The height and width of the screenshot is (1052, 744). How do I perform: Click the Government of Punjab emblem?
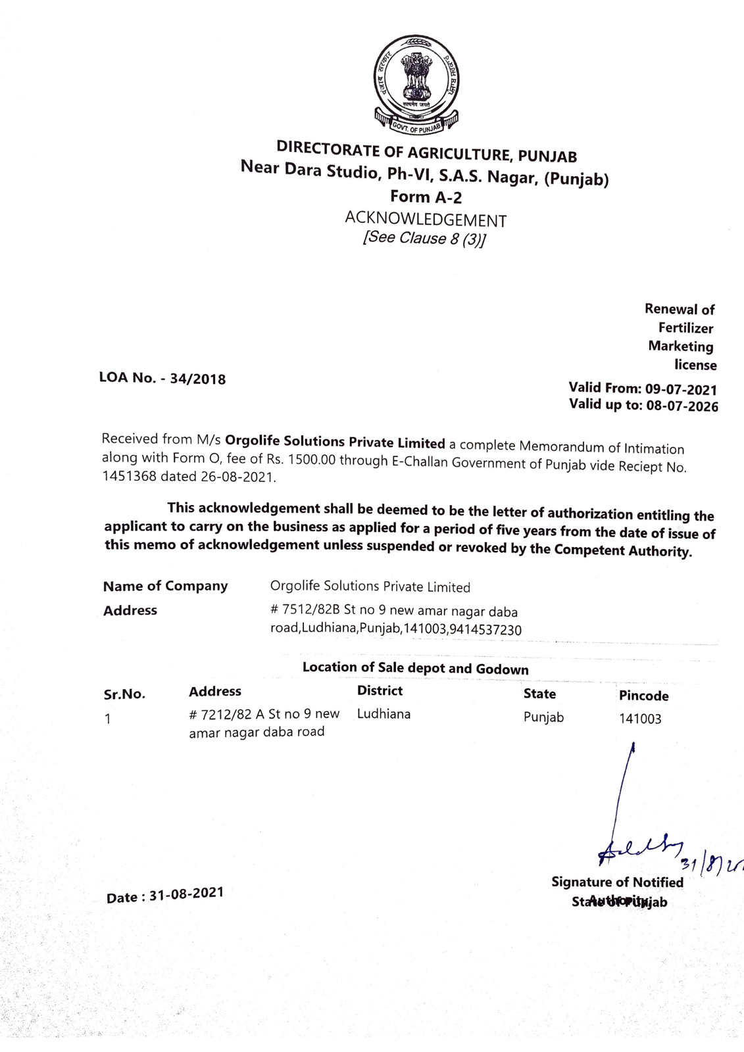click(416, 84)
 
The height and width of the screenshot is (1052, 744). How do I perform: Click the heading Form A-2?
click(426, 197)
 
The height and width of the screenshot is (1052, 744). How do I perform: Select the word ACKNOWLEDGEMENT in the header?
click(426, 219)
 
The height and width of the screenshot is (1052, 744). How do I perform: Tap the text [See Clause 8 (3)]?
click(424, 238)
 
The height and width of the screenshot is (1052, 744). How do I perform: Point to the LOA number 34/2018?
click(197, 379)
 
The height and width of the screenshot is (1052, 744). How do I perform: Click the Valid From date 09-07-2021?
click(681, 389)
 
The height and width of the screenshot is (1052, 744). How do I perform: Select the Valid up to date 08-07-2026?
click(682, 406)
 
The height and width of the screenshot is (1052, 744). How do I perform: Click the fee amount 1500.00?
click(311, 460)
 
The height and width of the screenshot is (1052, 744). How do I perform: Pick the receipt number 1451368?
click(130, 476)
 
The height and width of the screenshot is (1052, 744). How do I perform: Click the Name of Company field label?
click(165, 586)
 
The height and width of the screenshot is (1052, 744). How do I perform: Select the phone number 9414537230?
click(487, 630)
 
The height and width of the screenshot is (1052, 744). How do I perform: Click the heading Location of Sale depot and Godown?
click(415, 668)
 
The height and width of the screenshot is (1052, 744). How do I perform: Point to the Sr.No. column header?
click(124, 694)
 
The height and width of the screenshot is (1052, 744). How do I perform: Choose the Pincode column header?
click(643, 696)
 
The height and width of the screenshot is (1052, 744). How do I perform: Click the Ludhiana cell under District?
click(384, 714)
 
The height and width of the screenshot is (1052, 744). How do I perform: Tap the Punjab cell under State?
click(543, 717)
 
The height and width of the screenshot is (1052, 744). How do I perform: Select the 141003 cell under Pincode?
click(640, 719)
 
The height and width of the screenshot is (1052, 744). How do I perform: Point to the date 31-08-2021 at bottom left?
click(186, 894)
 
